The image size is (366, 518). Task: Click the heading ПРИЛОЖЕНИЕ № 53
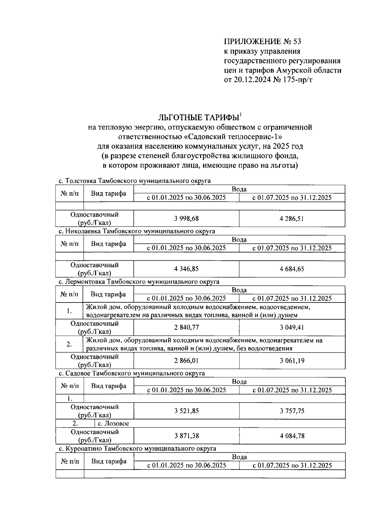(262, 41)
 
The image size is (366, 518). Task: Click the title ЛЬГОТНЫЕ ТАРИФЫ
(199, 118)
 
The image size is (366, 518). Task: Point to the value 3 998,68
(186, 219)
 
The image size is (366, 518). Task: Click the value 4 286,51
(292, 219)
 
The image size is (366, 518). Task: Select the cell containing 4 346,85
(186, 269)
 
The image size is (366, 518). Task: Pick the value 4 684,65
(292, 269)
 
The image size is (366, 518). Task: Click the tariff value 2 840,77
(186, 328)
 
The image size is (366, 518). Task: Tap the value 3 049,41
(292, 328)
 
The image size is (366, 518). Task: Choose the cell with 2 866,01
(186, 361)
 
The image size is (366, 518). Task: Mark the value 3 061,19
(292, 361)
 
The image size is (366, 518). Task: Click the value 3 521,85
(186, 411)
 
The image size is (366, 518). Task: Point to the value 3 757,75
(292, 411)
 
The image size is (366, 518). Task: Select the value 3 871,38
(186, 436)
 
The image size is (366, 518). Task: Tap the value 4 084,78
(292, 436)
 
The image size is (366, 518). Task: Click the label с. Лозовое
(113, 423)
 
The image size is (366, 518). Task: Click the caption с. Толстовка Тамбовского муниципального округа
(135, 181)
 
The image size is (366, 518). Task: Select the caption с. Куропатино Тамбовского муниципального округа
(137, 448)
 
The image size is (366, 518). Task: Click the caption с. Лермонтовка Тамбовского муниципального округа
(139, 281)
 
